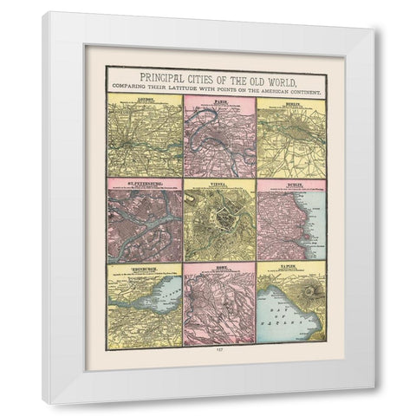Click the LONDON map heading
point(145,102)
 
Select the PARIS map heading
point(219,102)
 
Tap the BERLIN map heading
point(294,102)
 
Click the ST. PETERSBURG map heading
point(145,183)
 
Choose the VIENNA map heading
point(219,183)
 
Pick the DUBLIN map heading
point(294,183)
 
